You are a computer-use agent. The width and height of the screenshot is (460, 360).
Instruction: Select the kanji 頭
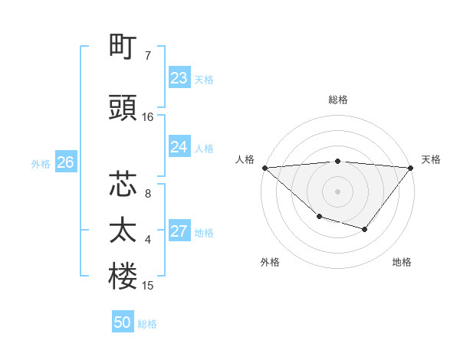(x=123, y=108)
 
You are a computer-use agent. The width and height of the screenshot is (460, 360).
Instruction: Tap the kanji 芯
(x=123, y=185)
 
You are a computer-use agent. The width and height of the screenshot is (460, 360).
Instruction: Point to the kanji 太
(x=123, y=231)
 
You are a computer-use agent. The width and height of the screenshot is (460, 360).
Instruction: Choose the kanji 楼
(x=123, y=277)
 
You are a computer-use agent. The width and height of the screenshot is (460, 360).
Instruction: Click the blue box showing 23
(x=179, y=78)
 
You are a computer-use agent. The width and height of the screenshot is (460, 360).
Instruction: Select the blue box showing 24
(x=179, y=147)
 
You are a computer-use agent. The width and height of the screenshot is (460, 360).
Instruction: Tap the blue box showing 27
(x=179, y=232)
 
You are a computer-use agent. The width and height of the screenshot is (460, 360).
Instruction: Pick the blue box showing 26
(x=66, y=162)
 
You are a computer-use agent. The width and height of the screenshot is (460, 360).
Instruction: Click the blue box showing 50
(x=123, y=322)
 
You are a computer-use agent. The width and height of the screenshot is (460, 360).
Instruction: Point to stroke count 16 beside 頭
(x=148, y=117)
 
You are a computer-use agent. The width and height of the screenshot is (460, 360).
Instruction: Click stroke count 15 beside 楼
(x=148, y=286)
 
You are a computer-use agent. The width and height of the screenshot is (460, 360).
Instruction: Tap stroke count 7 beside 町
(x=148, y=56)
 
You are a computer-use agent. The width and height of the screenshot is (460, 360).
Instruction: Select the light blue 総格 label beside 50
(x=147, y=324)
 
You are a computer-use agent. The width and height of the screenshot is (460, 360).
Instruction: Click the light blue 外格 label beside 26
(x=41, y=164)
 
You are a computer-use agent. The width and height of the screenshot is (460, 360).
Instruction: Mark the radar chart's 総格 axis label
(x=338, y=100)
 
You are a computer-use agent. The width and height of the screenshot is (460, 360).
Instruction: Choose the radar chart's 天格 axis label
(x=431, y=159)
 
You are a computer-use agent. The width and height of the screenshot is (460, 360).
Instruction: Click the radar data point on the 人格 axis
(x=264, y=168)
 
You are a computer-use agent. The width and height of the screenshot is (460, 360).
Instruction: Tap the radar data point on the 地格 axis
(x=365, y=229)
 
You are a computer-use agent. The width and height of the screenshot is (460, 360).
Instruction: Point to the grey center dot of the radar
(x=337, y=191)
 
